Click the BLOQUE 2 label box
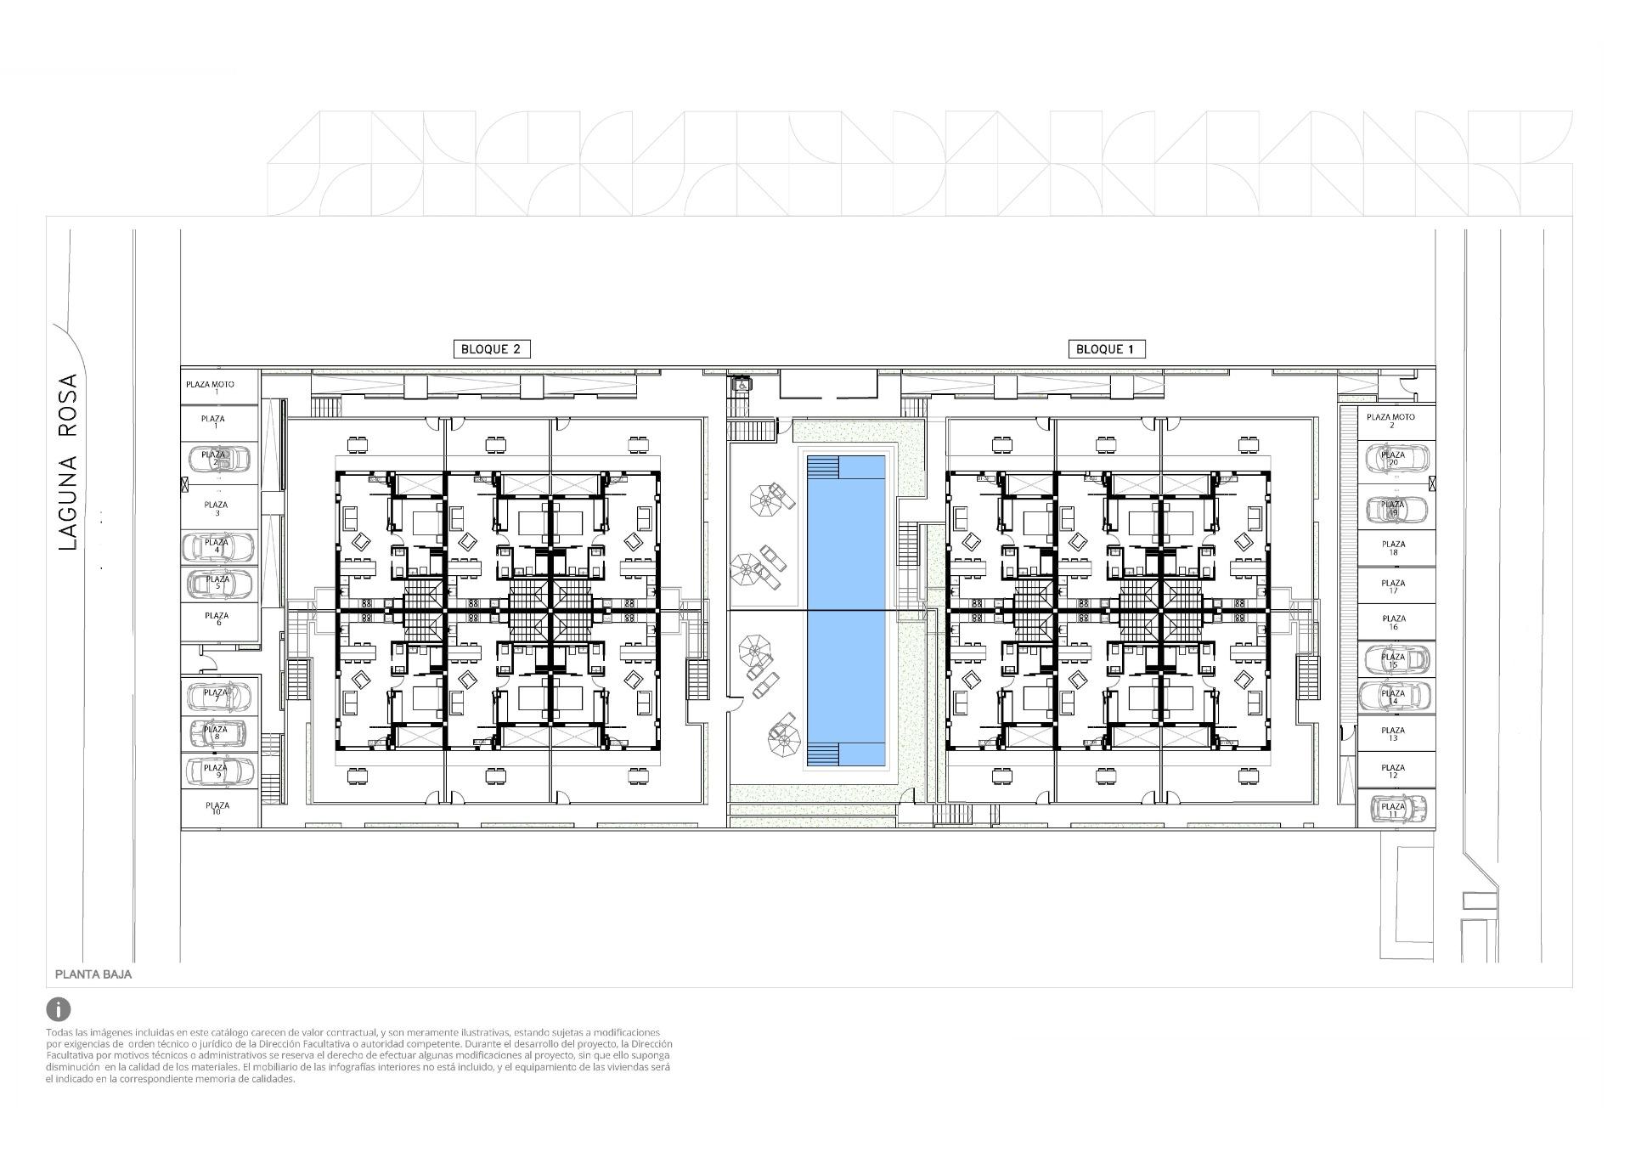pos(492,349)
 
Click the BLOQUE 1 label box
pos(1105,349)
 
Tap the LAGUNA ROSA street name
pos(68,462)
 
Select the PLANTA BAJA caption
pos(93,974)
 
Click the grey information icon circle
pos(59,1009)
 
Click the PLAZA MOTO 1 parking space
pos(211,387)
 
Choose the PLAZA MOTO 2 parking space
pos(1390,421)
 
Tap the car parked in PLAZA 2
pos(218,460)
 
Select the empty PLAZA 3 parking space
pos(217,508)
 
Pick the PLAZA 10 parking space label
pos(217,808)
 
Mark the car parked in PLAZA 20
pos(1396,459)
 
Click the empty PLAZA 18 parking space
pos(1393,548)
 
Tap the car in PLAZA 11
pos(1396,808)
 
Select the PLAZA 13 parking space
pos(1393,734)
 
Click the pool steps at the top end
pos(822,468)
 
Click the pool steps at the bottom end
pos(822,753)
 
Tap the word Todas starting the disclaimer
pos(60,1032)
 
